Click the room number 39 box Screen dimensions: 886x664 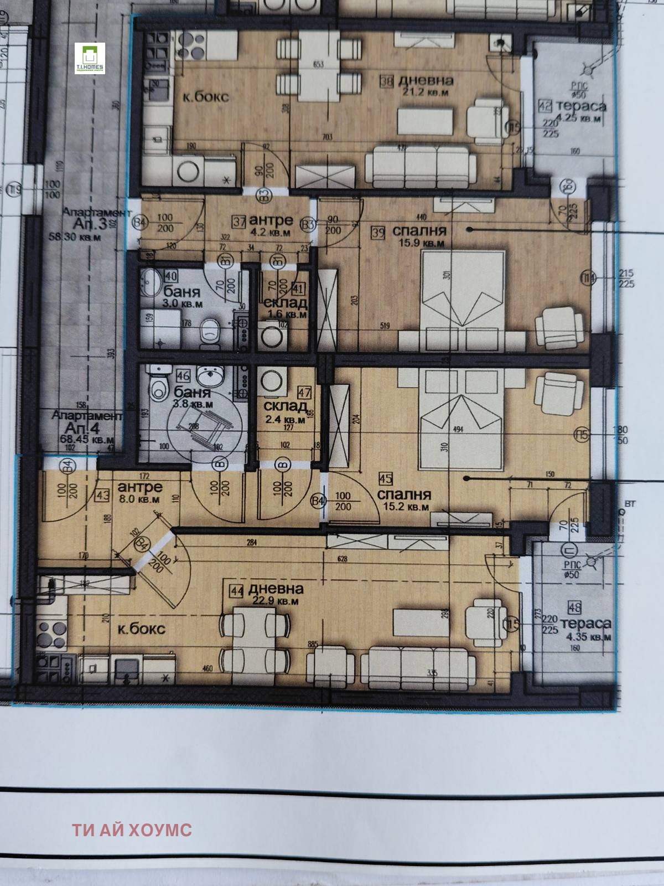[378, 233]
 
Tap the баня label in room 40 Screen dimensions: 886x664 [178, 292]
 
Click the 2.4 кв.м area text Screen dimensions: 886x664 [285, 420]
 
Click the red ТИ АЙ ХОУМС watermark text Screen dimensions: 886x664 [132, 830]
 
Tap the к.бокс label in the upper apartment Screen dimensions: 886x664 [205, 96]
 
